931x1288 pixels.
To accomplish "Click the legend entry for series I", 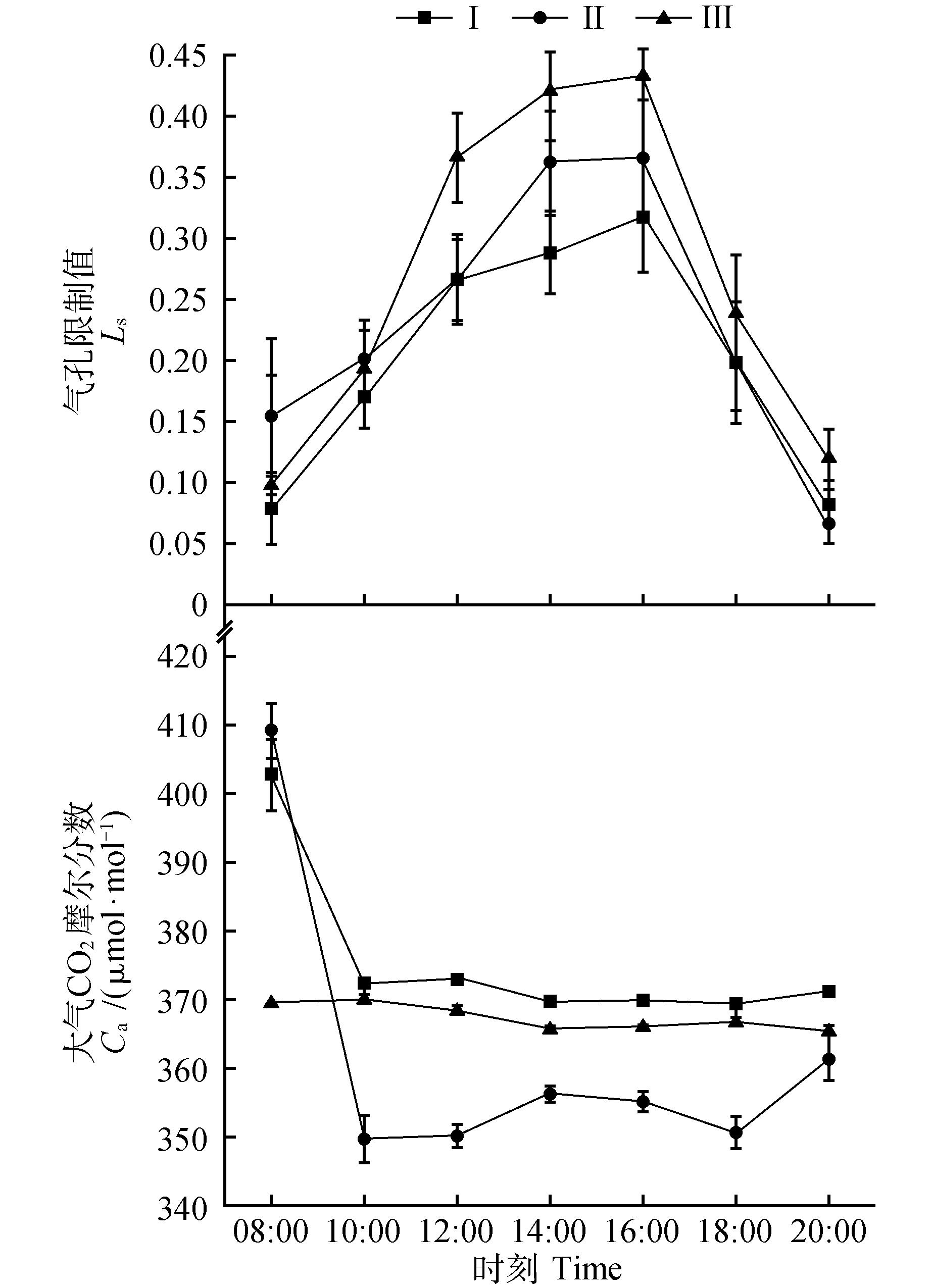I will [x=437, y=18].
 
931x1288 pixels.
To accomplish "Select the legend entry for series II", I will [x=557, y=18].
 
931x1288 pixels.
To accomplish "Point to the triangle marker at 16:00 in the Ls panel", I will [x=643, y=75].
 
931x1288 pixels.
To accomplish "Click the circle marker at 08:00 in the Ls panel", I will [x=271, y=416].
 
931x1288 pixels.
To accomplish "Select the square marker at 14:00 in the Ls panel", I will [x=550, y=253].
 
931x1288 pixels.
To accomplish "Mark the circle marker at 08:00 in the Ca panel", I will [x=271, y=730].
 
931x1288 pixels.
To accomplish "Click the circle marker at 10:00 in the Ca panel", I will [x=364, y=1139].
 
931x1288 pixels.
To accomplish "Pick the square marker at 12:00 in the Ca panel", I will [x=457, y=979].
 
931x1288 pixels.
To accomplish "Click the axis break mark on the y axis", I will [x=225, y=629].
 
